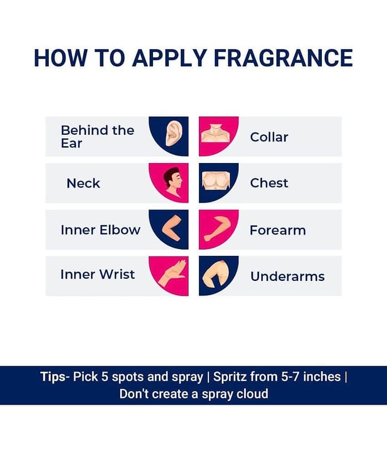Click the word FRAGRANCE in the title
283,58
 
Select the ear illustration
174,133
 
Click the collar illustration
215,133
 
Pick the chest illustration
216,181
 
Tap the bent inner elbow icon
172,228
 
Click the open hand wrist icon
171,273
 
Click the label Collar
269,137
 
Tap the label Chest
269,183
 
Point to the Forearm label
278,230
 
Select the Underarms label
288,276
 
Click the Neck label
83,183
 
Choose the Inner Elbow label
101,230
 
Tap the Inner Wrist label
97,274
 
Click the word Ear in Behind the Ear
71,143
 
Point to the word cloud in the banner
252,394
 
